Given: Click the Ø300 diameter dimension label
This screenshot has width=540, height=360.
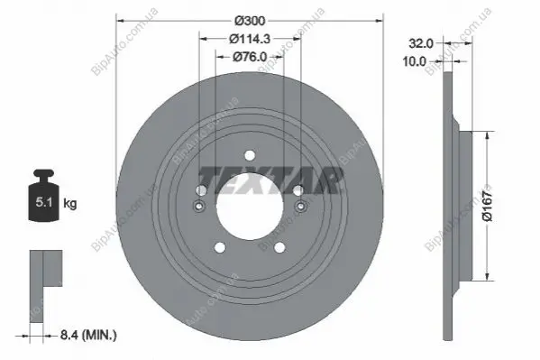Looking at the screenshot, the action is tap(250, 21).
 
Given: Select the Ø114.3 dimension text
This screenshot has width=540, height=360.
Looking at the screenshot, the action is tap(250, 39).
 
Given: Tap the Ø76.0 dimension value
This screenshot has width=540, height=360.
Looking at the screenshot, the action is tap(250, 57).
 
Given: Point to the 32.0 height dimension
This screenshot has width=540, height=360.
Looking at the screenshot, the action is tap(420, 43).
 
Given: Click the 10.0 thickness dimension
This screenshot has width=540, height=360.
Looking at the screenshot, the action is tap(415, 61).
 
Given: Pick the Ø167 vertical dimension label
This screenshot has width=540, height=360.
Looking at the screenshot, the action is tap(488, 207).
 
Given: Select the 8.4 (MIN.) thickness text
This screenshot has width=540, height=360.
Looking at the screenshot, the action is tap(88, 335).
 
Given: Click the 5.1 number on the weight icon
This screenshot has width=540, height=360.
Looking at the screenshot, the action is tap(44, 202).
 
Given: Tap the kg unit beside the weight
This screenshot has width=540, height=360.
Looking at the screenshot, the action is tap(70, 203).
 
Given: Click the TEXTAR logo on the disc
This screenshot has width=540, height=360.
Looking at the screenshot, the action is tap(271, 180).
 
